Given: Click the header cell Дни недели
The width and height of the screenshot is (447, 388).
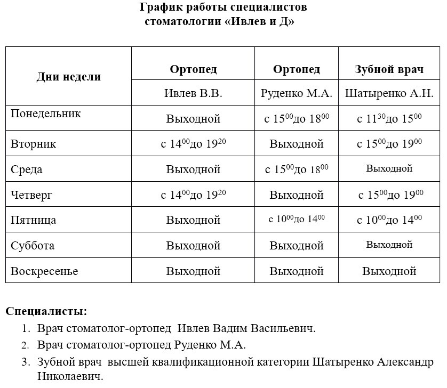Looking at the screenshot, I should pos(69,76).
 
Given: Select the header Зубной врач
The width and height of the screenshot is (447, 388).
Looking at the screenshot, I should pos(389,69).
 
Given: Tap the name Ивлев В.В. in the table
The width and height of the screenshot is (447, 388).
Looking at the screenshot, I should pos(193,93).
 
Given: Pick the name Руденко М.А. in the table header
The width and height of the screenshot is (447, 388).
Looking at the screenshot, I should pos(297,93).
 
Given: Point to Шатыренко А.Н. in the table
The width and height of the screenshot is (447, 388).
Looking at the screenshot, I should pos(389,93).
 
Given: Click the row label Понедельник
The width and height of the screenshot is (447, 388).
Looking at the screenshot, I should pos(46,114).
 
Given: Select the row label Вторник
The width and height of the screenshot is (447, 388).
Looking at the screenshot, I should pos(34,144).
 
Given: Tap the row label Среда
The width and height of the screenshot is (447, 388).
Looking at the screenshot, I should pos(27,169).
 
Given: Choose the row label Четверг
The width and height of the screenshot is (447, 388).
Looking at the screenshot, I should pos(32,195).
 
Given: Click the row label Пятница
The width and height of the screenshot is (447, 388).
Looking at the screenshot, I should pos(34,220).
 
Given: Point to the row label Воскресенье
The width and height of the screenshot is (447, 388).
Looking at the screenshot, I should pos(44,271).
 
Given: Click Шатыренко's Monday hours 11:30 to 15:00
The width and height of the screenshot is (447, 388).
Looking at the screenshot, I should pos(389,118).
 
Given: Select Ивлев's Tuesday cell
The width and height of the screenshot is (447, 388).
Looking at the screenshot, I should pos(193,143).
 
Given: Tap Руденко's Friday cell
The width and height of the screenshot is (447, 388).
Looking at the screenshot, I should pos(297,219).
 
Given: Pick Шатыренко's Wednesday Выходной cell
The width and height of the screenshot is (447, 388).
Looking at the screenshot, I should pos(389,169).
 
